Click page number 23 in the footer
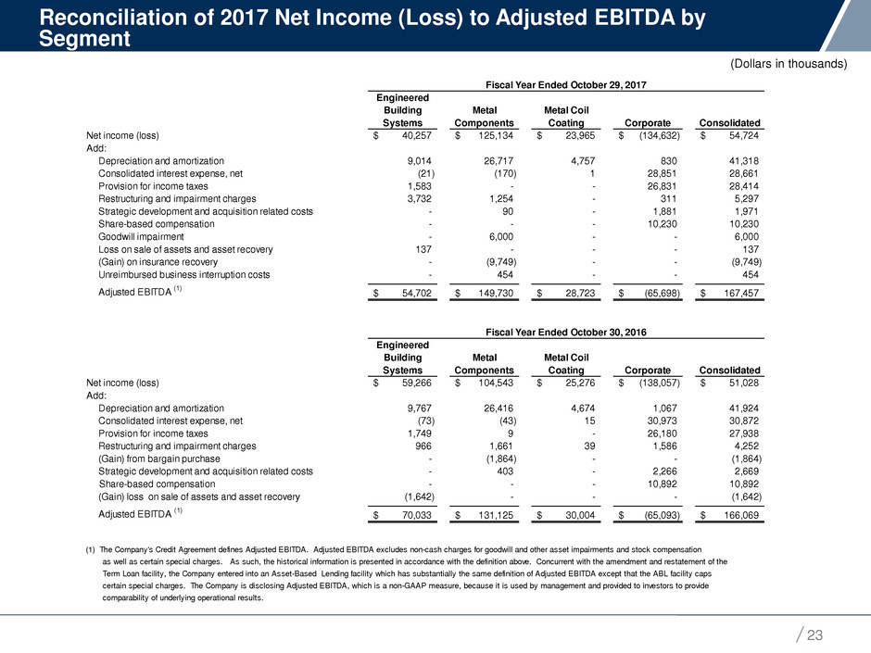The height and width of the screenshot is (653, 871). coord(814,635)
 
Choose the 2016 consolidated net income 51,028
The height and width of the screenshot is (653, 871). coord(738,383)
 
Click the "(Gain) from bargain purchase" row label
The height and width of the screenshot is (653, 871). coord(159,458)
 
